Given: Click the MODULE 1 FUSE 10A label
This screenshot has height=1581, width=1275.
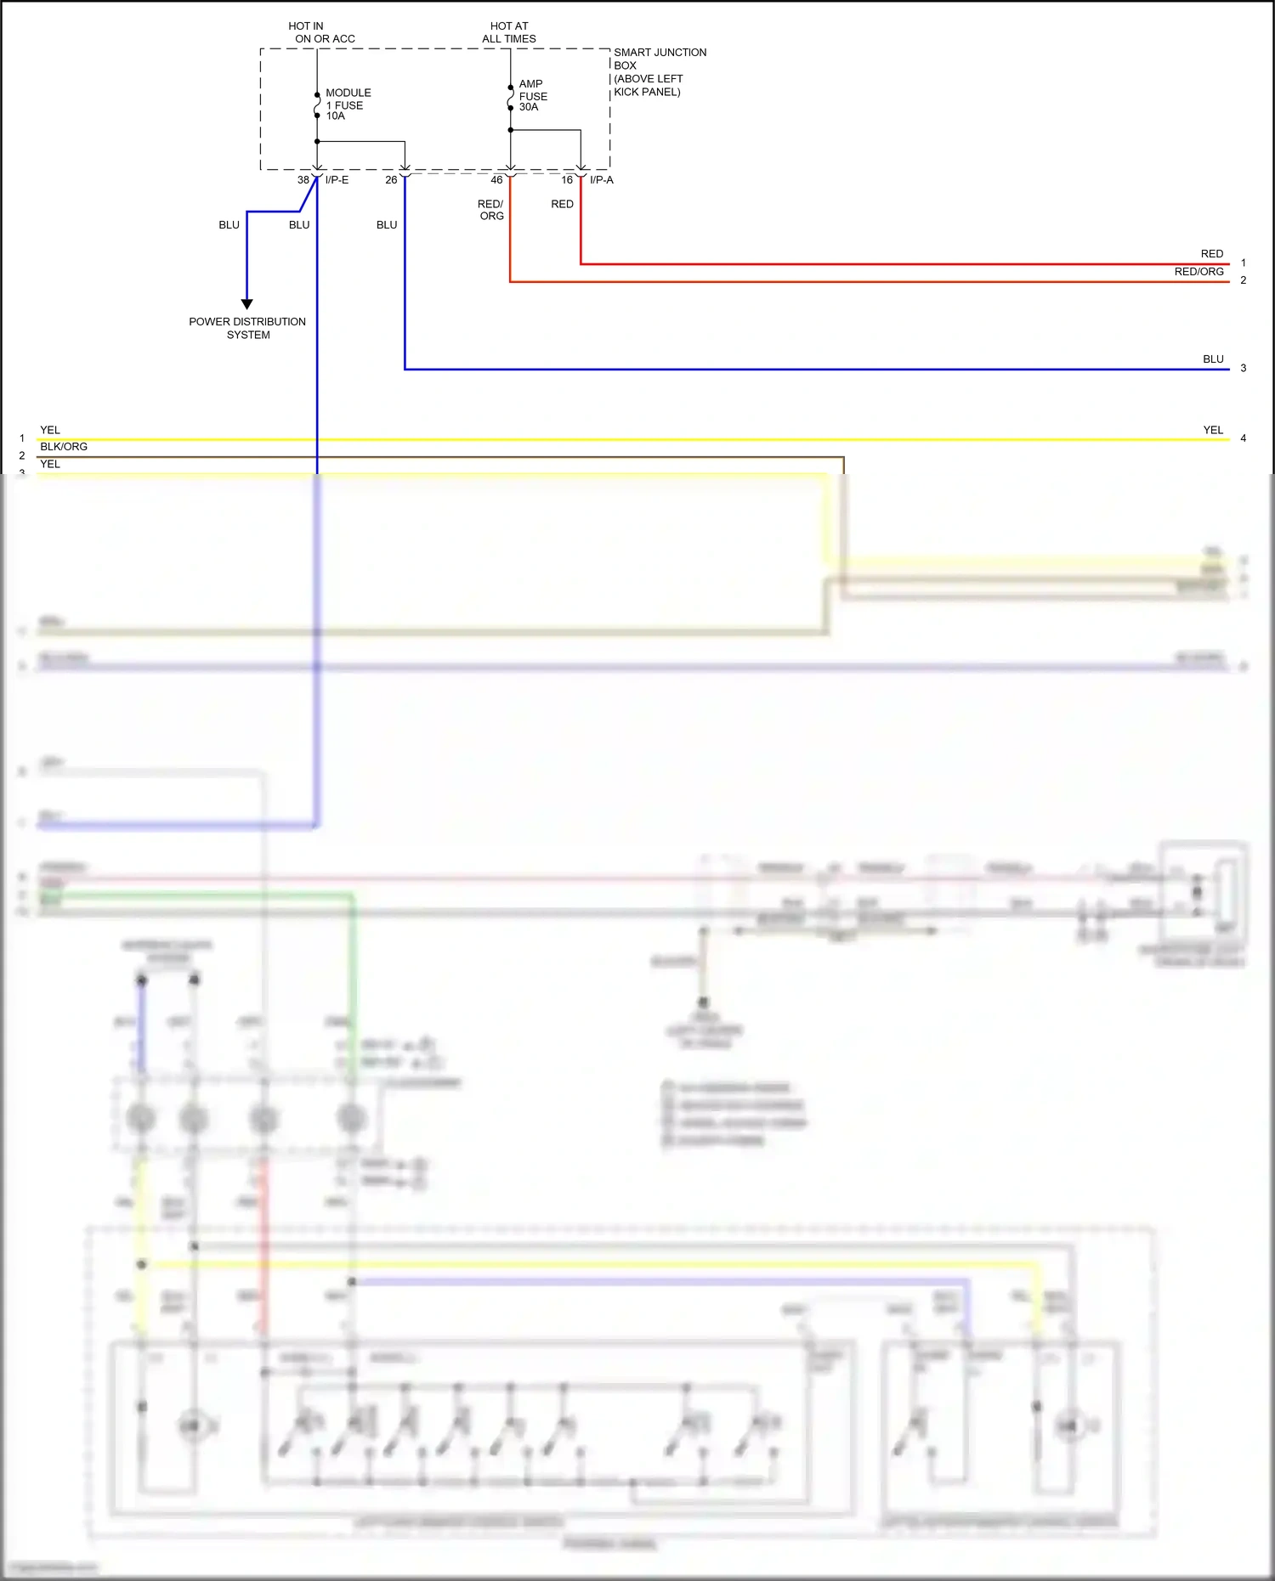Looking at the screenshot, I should (348, 104).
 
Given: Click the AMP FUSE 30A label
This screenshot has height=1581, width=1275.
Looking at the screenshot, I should (532, 95).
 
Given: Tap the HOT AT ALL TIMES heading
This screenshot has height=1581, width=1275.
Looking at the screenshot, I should (508, 32).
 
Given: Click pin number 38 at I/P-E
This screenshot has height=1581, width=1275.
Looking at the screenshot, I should (303, 180).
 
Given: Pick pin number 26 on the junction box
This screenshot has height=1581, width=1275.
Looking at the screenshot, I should (391, 180).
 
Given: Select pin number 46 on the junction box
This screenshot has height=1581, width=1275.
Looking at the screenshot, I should (496, 180).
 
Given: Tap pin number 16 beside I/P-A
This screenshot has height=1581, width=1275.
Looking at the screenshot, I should (567, 180).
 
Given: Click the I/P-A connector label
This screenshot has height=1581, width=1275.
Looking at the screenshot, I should (601, 180).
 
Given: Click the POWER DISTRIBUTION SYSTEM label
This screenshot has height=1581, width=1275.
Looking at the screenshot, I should (247, 328).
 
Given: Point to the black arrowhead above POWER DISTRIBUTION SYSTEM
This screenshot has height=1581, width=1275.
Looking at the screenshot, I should (247, 303).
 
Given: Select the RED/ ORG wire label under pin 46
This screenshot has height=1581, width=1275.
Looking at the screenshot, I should (490, 210).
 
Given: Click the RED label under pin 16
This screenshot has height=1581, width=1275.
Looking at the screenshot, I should (562, 204).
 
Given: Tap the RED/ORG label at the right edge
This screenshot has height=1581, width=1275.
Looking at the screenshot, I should (1198, 272).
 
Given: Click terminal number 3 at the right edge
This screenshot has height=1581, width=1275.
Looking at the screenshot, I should (1243, 368).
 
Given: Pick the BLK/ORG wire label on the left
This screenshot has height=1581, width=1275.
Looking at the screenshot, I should (64, 447).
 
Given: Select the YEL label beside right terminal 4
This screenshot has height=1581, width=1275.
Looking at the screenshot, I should (1213, 430).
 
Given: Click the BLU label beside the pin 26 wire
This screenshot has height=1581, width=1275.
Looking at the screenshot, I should (387, 225).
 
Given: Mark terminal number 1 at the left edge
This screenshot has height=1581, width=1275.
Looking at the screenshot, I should (22, 438).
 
